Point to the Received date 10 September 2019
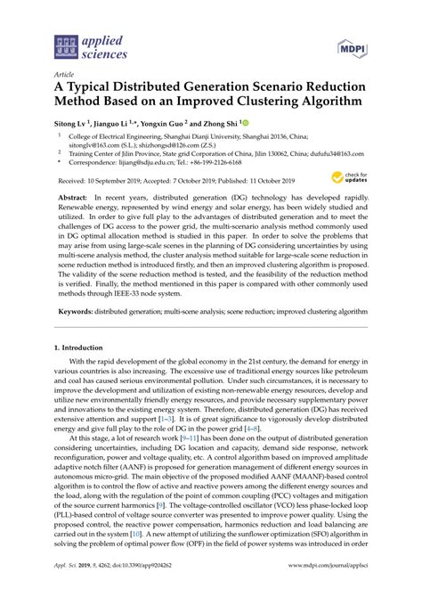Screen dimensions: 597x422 [103, 180]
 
